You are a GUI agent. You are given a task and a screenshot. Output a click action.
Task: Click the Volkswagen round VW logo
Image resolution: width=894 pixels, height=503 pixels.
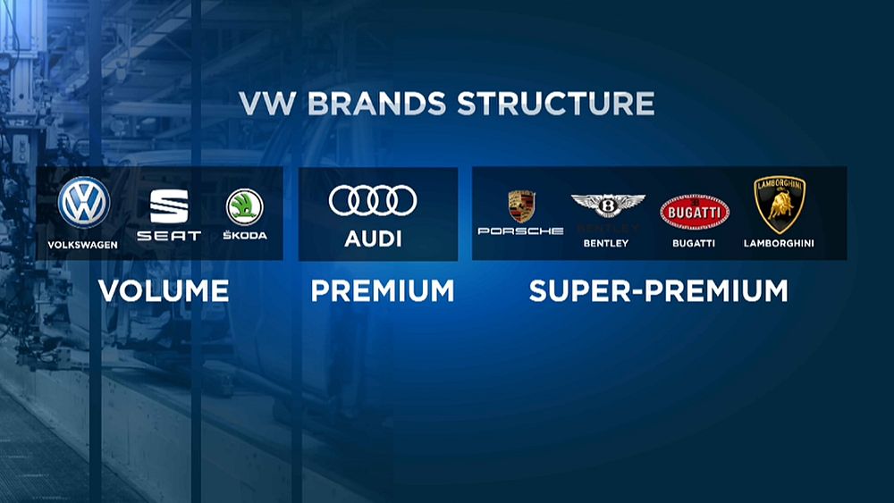pyautogui.click(x=84, y=203)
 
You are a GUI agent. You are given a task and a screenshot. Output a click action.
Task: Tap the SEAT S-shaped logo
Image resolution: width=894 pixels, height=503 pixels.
pyautogui.click(x=169, y=206)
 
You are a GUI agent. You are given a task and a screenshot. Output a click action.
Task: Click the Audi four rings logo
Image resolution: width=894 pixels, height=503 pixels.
pyautogui.click(x=373, y=201)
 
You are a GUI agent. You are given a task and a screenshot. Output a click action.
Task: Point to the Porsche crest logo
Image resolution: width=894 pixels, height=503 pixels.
pyautogui.click(x=521, y=206)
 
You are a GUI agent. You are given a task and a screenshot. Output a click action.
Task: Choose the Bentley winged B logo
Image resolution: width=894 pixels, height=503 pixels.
pyautogui.click(x=608, y=205)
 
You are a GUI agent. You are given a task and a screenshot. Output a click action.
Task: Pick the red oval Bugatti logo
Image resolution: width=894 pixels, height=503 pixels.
pyautogui.click(x=695, y=213)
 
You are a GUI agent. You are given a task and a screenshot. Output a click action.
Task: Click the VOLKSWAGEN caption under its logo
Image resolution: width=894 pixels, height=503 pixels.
pyautogui.click(x=83, y=244)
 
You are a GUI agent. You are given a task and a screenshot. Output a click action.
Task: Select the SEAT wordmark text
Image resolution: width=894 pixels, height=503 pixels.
pyautogui.click(x=169, y=237)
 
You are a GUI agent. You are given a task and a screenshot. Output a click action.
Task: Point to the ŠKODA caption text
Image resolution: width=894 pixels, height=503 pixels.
pyautogui.click(x=245, y=236)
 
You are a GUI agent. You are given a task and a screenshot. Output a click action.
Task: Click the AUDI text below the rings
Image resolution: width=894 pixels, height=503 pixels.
pyautogui.click(x=373, y=239)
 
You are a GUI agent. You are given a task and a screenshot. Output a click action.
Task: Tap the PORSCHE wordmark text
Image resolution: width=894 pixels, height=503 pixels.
pyautogui.click(x=520, y=231)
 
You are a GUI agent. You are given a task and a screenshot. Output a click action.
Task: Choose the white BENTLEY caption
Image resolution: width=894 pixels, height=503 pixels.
pyautogui.click(x=606, y=243)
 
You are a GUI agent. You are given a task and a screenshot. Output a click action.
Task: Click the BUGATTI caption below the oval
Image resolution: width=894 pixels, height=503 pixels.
pyautogui.click(x=695, y=243)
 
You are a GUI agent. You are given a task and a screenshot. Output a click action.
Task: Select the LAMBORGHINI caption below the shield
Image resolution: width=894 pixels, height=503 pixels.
pyautogui.click(x=779, y=243)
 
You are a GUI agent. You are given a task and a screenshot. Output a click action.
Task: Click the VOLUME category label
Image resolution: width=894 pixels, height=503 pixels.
pyautogui.click(x=164, y=291)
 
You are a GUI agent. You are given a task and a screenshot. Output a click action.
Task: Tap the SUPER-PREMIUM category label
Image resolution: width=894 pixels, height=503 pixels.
pyautogui.click(x=658, y=291)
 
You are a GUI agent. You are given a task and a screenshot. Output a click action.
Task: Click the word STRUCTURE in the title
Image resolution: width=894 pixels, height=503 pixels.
pyautogui.click(x=555, y=103)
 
